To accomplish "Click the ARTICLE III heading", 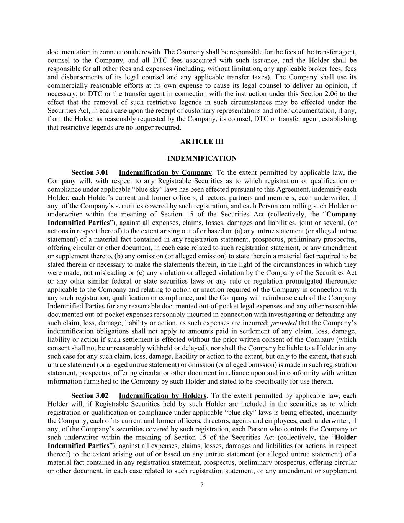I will [202, 141].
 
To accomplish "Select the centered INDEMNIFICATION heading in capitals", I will [202, 158].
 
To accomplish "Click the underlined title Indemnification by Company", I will [165, 173].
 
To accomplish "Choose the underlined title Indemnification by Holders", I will [162, 396].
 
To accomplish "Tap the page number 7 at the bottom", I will [202, 484].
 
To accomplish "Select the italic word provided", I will [284, 323].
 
